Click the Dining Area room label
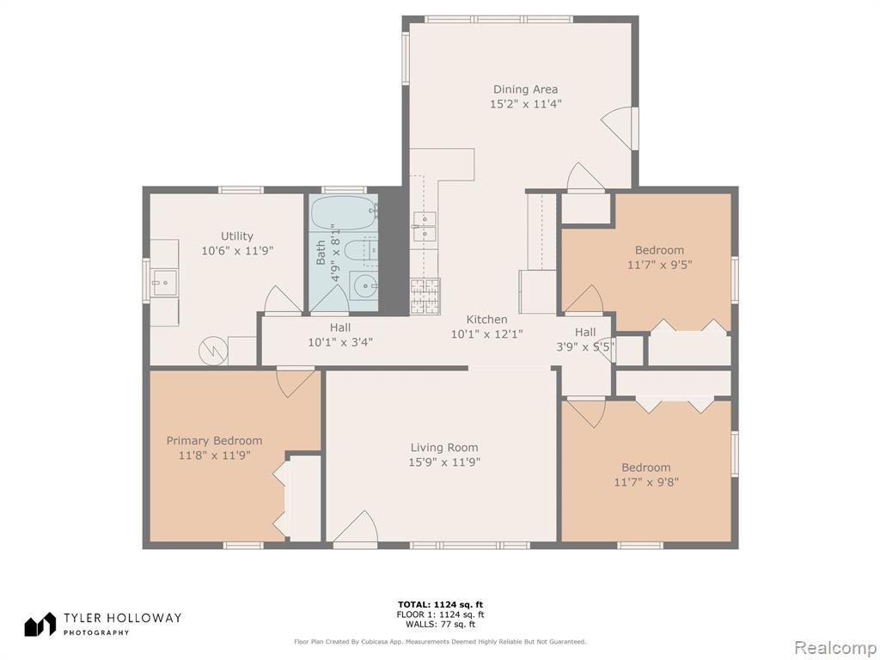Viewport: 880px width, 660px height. (525, 89)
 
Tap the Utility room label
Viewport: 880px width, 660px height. (237, 236)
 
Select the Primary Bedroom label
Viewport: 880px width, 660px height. (214, 441)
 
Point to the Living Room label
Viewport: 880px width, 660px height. (444, 447)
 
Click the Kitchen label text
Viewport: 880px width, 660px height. (486, 320)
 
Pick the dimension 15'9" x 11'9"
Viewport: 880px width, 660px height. (444, 462)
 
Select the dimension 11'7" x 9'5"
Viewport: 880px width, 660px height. (659, 265)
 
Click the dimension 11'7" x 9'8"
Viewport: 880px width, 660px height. (646, 481)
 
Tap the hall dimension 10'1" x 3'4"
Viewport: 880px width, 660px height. (340, 342)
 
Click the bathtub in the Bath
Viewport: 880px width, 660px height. (344, 213)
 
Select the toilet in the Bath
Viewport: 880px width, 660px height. (360, 251)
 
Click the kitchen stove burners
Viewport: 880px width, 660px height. (425, 296)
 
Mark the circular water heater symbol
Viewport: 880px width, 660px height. (213, 351)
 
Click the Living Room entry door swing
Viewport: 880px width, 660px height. (356, 529)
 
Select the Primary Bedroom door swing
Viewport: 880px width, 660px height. (296, 382)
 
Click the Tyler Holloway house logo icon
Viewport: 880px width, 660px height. (40, 624)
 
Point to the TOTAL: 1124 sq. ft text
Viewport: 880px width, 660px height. (440, 604)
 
